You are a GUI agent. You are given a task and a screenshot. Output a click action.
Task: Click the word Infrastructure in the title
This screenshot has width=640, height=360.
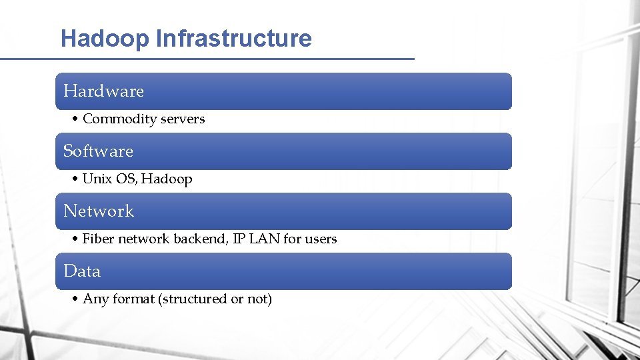point(233,39)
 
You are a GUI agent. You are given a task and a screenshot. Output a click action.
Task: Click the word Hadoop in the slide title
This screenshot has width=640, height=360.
point(105,39)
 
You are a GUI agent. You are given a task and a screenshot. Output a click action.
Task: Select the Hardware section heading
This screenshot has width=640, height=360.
point(103,91)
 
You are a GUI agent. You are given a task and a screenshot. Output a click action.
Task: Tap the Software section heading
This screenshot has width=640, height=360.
point(98,151)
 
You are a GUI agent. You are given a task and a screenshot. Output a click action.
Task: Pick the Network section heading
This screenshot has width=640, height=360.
point(99,211)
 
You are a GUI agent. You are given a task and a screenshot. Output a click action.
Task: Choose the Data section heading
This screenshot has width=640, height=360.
point(82,271)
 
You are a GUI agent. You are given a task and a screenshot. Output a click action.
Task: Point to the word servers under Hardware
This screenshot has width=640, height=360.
point(183,119)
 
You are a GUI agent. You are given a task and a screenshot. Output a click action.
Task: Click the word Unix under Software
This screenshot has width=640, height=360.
point(96,179)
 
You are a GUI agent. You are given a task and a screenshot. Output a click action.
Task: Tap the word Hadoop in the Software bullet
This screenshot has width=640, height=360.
point(167,179)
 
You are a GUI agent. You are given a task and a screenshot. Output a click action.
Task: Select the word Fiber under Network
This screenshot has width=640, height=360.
point(98,239)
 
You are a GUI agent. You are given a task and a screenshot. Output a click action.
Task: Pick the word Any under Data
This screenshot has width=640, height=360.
point(96,299)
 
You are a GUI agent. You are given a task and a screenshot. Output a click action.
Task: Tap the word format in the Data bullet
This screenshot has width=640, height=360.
point(133,299)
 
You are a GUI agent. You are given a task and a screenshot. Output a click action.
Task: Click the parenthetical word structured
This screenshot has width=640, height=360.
point(193,299)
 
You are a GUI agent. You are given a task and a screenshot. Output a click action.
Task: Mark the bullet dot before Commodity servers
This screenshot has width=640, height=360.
point(75,119)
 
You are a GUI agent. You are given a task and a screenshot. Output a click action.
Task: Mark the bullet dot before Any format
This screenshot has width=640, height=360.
point(75,299)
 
